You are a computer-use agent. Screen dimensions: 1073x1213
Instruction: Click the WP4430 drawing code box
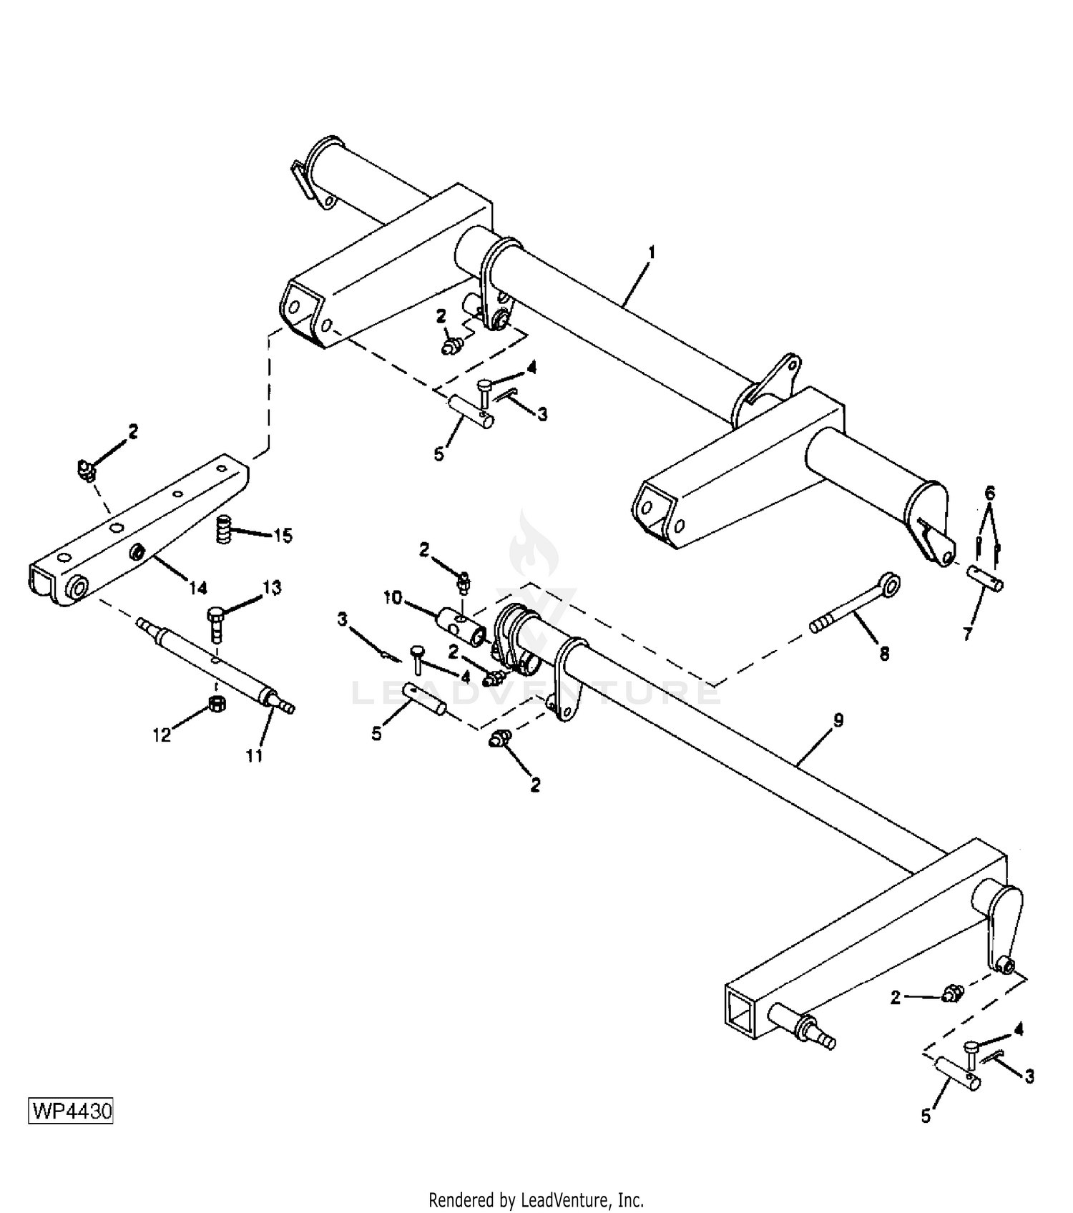click(71, 1111)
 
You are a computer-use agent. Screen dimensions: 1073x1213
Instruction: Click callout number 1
click(651, 253)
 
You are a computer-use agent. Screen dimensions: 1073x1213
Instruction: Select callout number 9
click(838, 720)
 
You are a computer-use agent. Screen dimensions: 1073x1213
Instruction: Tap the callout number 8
click(884, 654)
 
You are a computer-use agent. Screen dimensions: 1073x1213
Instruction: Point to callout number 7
click(968, 634)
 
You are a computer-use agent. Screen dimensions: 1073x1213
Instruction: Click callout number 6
click(990, 493)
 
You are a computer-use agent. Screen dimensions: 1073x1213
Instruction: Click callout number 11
click(255, 755)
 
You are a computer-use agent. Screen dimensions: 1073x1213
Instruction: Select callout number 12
click(162, 735)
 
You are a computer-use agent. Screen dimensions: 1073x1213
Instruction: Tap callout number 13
click(272, 588)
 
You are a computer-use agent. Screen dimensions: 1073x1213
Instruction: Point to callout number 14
click(198, 588)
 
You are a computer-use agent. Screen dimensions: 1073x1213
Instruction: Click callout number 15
click(283, 536)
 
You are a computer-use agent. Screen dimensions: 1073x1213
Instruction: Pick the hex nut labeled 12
click(217, 704)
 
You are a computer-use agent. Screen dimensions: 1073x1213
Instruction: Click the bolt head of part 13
click(217, 615)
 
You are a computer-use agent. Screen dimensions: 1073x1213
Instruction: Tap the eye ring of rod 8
click(890, 584)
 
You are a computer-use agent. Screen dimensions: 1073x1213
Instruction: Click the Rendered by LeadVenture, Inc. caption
click(536, 1199)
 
